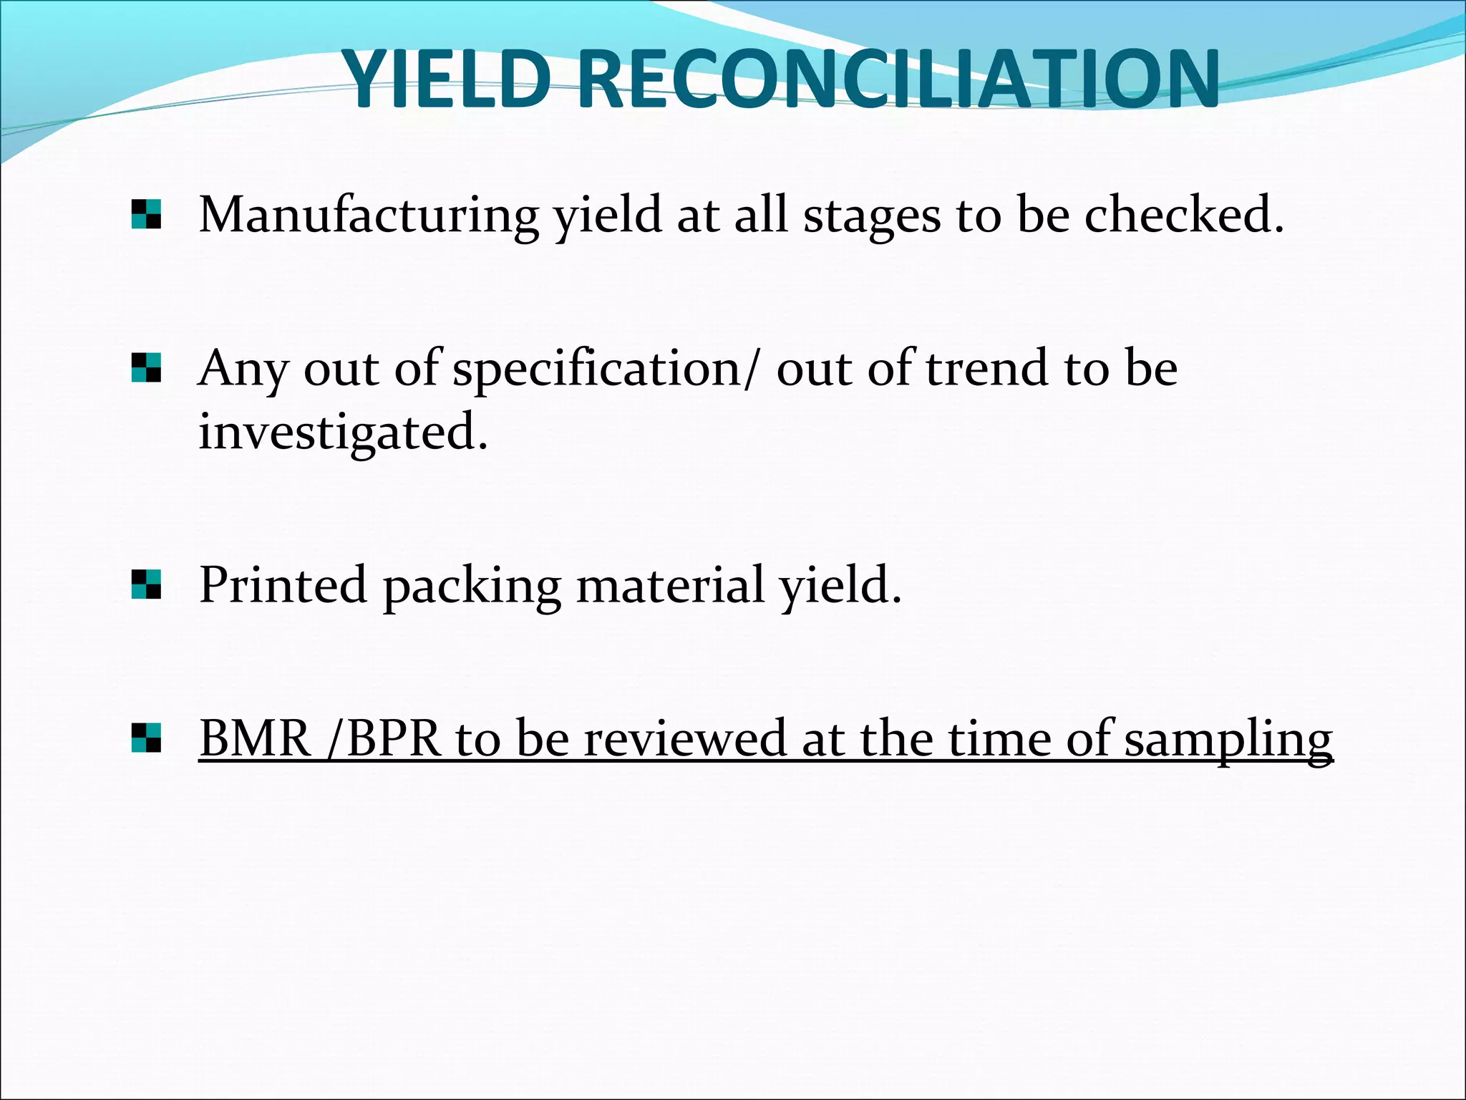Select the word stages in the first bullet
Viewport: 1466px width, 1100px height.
[871, 217]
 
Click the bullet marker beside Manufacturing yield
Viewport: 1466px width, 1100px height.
[146, 214]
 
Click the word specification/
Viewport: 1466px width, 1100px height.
[604, 370]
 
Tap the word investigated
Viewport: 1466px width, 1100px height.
[343, 432]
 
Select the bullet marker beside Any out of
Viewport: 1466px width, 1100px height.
[146, 368]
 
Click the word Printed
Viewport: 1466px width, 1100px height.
[283, 584]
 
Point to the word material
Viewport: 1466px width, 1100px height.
[670, 584]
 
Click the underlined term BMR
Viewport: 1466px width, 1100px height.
[255, 738]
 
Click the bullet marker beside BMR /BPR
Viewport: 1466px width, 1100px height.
[146, 738]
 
